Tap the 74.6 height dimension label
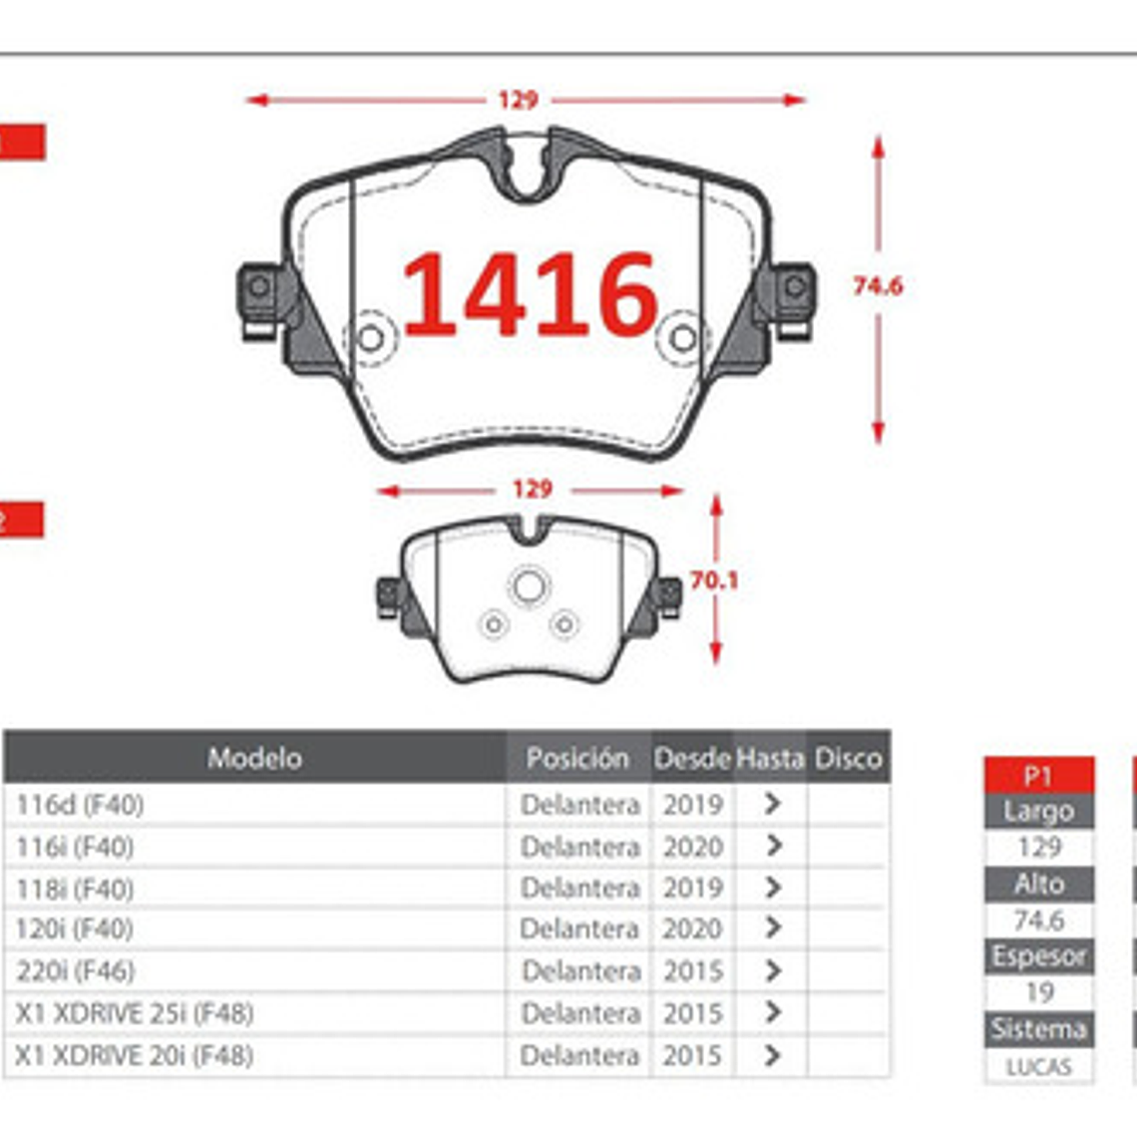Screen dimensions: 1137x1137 click(877, 286)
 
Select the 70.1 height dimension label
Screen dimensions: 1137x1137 click(714, 580)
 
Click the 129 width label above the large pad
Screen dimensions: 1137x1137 click(518, 100)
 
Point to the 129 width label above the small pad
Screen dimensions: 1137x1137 click(532, 490)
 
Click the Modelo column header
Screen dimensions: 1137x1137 click(254, 758)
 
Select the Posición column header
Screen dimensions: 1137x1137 click(577, 758)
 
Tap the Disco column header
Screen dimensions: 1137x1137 click(848, 758)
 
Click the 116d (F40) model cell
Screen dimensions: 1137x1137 click(80, 805)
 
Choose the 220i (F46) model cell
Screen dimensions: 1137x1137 click(75, 970)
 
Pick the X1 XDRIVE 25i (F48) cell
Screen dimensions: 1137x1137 click(134, 1013)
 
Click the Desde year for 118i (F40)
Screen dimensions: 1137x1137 click(692, 888)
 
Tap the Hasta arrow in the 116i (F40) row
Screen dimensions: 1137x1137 click(772, 846)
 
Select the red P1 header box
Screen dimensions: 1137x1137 click(1038, 775)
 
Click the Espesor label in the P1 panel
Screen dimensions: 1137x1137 click(1038, 956)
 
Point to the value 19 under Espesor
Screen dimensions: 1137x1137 click(1038, 992)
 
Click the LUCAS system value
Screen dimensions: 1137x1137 click(1038, 1066)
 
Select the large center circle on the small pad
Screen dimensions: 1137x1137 click(529, 586)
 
